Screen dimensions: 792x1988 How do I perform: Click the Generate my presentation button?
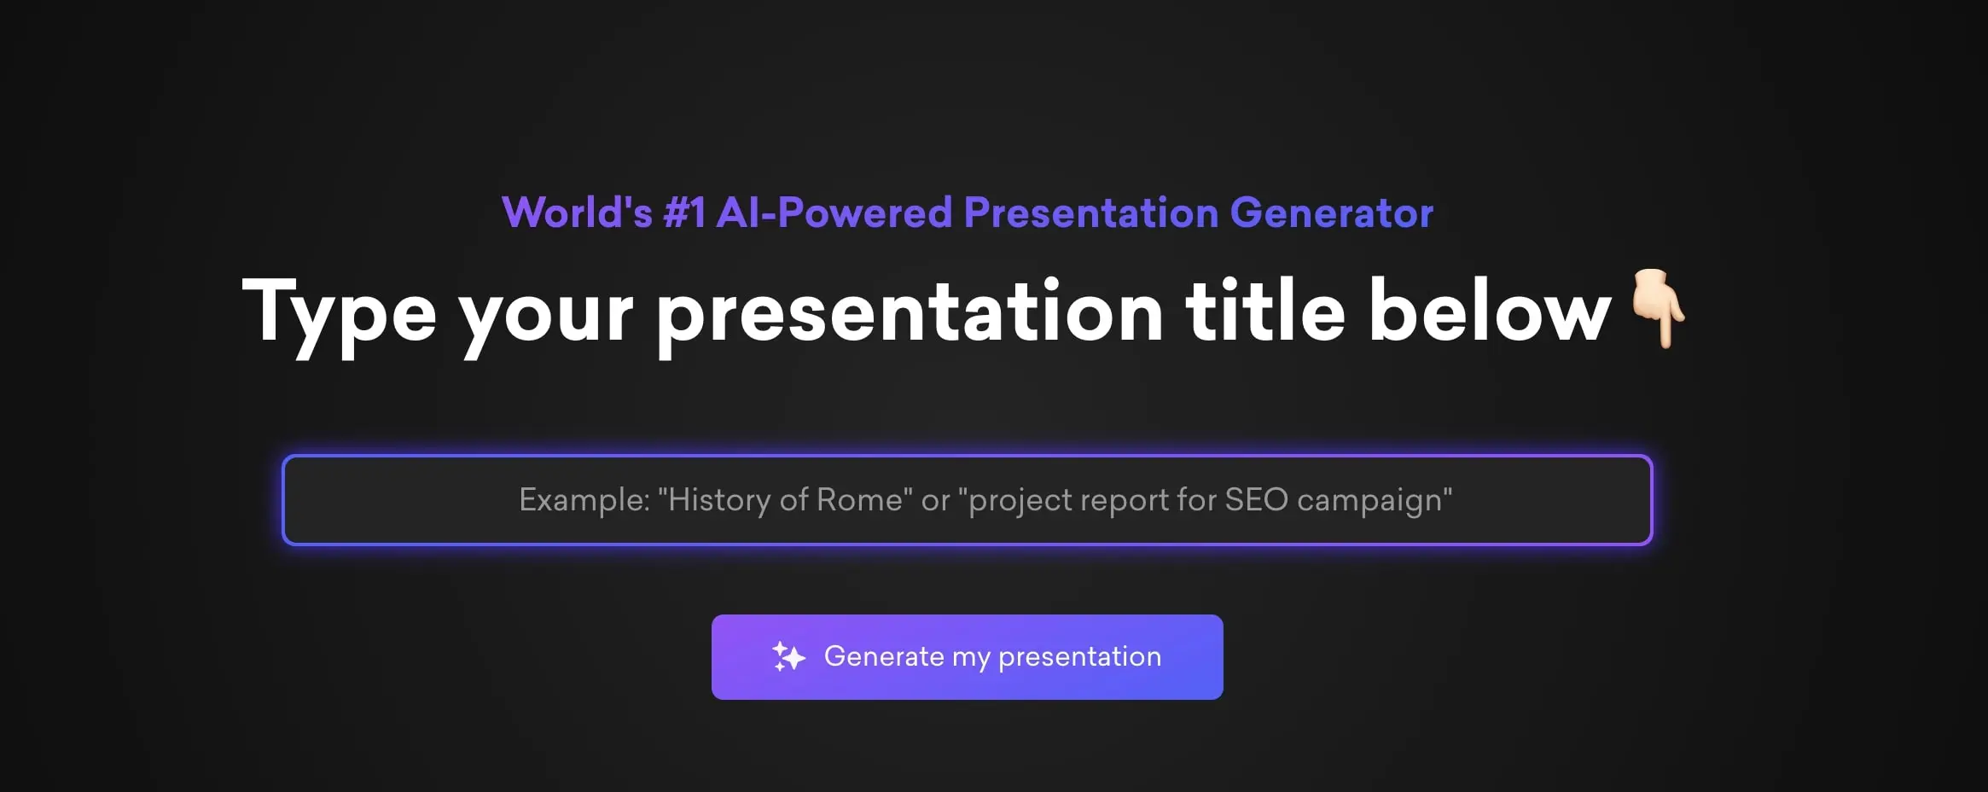coord(967,657)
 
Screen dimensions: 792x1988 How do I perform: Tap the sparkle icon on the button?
coord(788,656)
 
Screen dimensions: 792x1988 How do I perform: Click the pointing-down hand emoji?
coord(1657,309)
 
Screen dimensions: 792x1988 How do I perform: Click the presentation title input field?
coord(967,500)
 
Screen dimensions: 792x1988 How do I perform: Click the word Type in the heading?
coord(339,313)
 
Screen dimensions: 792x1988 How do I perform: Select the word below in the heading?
coord(1489,312)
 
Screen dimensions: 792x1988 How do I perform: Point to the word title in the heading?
coord(1264,312)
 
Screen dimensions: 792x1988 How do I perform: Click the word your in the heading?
coord(546,316)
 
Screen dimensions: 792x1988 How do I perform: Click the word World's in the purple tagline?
coord(577,213)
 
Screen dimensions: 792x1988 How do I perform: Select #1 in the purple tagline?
coord(684,213)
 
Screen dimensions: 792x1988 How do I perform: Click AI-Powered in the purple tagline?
coord(834,213)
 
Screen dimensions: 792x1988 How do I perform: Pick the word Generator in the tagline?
coord(1331,213)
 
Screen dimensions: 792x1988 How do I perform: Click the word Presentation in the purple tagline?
coord(1090,213)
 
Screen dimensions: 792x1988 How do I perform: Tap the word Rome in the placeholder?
coord(859,500)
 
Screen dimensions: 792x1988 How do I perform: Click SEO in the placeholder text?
coord(1256,500)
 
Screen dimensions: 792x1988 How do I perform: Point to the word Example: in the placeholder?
coord(584,500)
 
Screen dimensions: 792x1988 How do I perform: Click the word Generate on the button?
coord(884,656)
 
